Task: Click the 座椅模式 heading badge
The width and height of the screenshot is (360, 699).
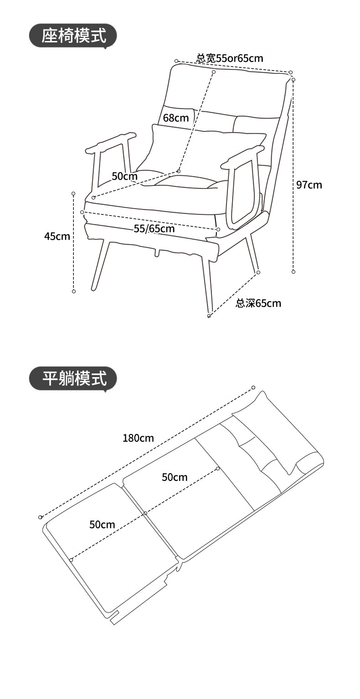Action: click(x=73, y=36)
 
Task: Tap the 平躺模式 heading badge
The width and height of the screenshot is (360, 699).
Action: click(x=73, y=378)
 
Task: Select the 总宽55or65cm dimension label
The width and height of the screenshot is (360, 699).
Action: click(x=230, y=58)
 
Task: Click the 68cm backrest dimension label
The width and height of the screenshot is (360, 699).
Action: click(x=176, y=118)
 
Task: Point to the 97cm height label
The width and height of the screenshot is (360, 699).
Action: click(x=309, y=184)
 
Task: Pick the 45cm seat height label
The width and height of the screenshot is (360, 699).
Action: click(x=57, y=236)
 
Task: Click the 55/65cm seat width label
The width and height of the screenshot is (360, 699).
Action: click(x=154, y=228)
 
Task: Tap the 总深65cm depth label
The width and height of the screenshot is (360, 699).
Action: click(x=258, y=303)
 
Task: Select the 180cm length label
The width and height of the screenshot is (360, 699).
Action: click(x=138, y=438)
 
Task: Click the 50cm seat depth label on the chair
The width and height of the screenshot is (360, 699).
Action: click(x=124, y=176)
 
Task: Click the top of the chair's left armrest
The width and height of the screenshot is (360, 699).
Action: click(x=111, y=142)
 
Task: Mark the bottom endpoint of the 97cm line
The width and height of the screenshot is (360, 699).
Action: click(x=293, y=272)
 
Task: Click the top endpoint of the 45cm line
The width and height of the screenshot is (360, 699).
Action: click(x=73, y=194)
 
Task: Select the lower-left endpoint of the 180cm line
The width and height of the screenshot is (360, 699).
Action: click(x=41, y=517)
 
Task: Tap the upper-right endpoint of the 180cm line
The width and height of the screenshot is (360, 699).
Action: click(x=254, y=388)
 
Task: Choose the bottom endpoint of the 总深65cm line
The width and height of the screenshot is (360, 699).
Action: click(x=209, y=316)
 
